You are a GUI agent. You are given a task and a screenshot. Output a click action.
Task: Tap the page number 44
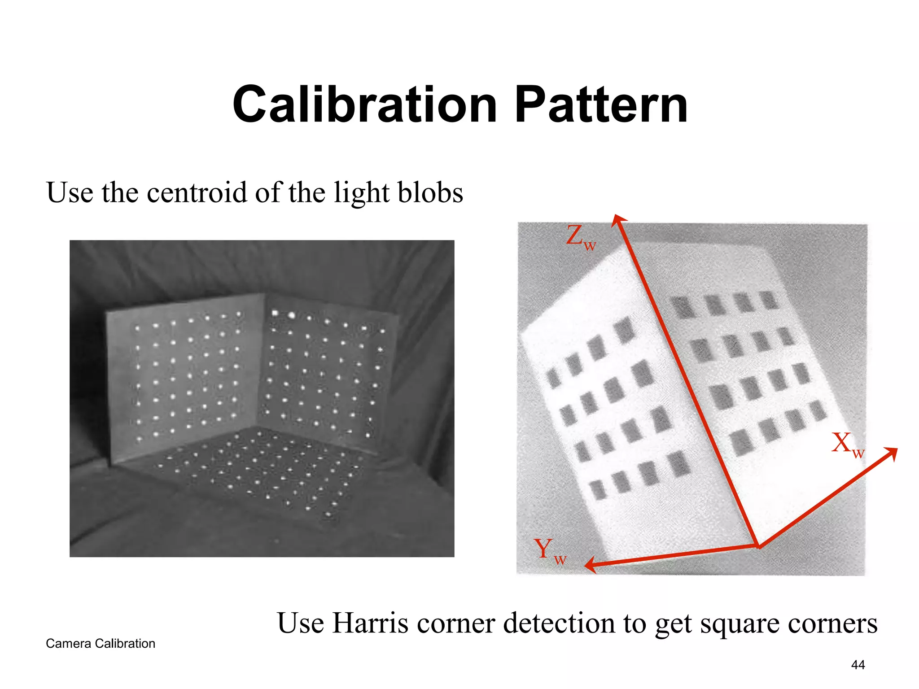858,665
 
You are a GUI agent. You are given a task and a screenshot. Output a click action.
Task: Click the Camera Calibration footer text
101,643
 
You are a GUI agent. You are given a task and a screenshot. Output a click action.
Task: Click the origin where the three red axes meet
758,546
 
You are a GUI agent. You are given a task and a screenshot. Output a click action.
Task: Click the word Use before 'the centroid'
70,192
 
